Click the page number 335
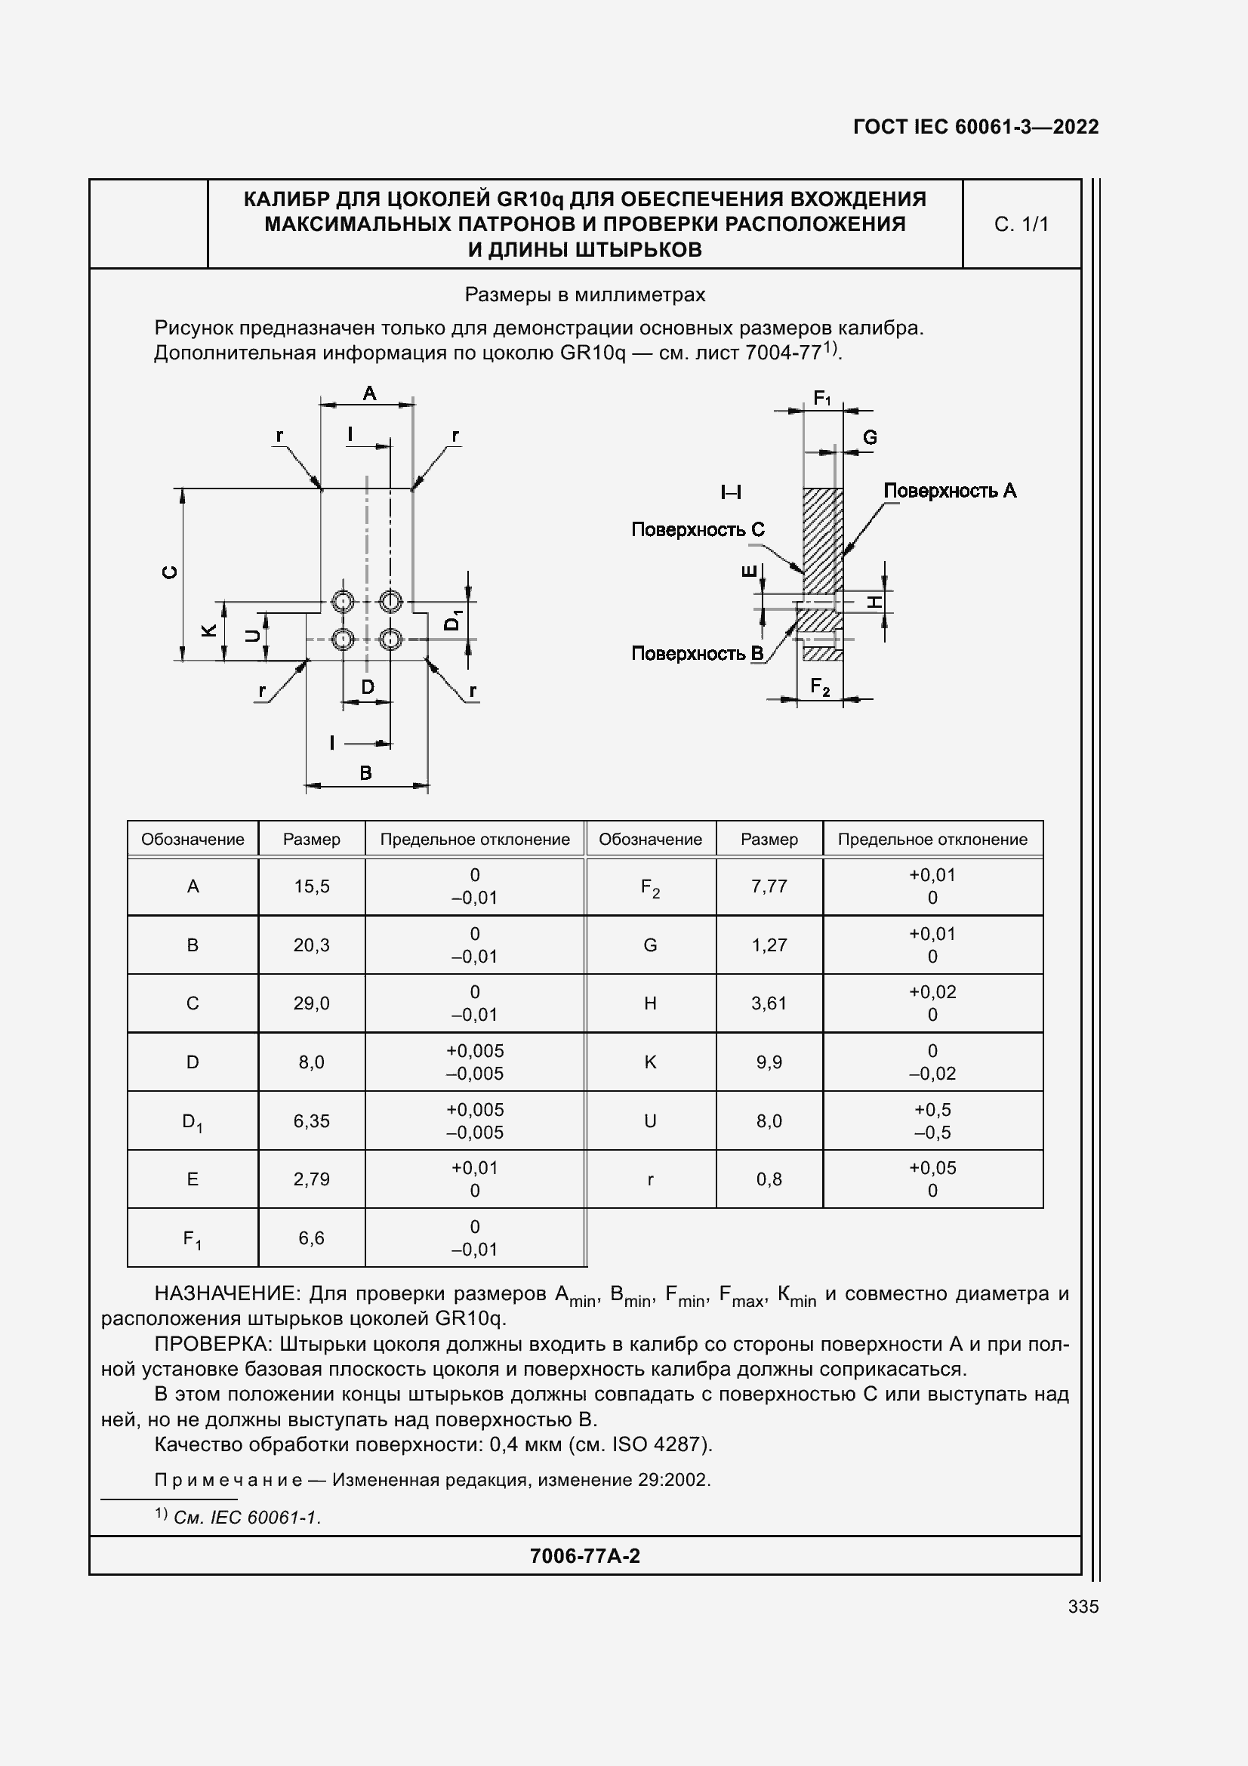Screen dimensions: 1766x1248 pos(1083,1606)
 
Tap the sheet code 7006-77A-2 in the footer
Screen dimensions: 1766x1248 pos(584,1555)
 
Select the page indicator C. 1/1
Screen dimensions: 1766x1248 pos(1022,223)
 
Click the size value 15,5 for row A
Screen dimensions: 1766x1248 pos(311,886)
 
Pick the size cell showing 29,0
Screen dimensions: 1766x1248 pos(311,1003)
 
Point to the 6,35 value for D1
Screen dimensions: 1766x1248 pos(311,1120)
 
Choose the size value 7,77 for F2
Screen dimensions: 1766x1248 pos(769,886)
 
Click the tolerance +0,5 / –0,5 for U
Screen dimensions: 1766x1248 pos(932,1120)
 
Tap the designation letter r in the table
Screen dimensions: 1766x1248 pos(651,1179)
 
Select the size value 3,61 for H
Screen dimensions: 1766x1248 pos(769,1003)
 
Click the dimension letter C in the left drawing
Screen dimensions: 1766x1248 pos(171,572)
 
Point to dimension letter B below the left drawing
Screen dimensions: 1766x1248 pos(366,772)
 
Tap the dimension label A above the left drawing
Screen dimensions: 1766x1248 pos(369,393)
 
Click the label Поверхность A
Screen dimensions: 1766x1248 pos(950,491)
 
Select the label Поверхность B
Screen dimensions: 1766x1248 pos(697,653)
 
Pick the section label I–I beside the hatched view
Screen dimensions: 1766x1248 pos(731,492)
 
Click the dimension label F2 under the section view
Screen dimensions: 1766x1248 pos(821,686)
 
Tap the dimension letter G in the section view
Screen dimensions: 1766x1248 pos(870,437)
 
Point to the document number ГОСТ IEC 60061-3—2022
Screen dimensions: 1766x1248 pos(975,127)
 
